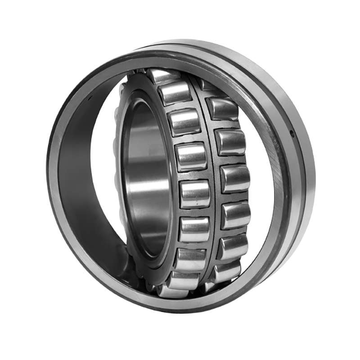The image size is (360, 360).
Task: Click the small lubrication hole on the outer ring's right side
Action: click(x=292, y=133)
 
